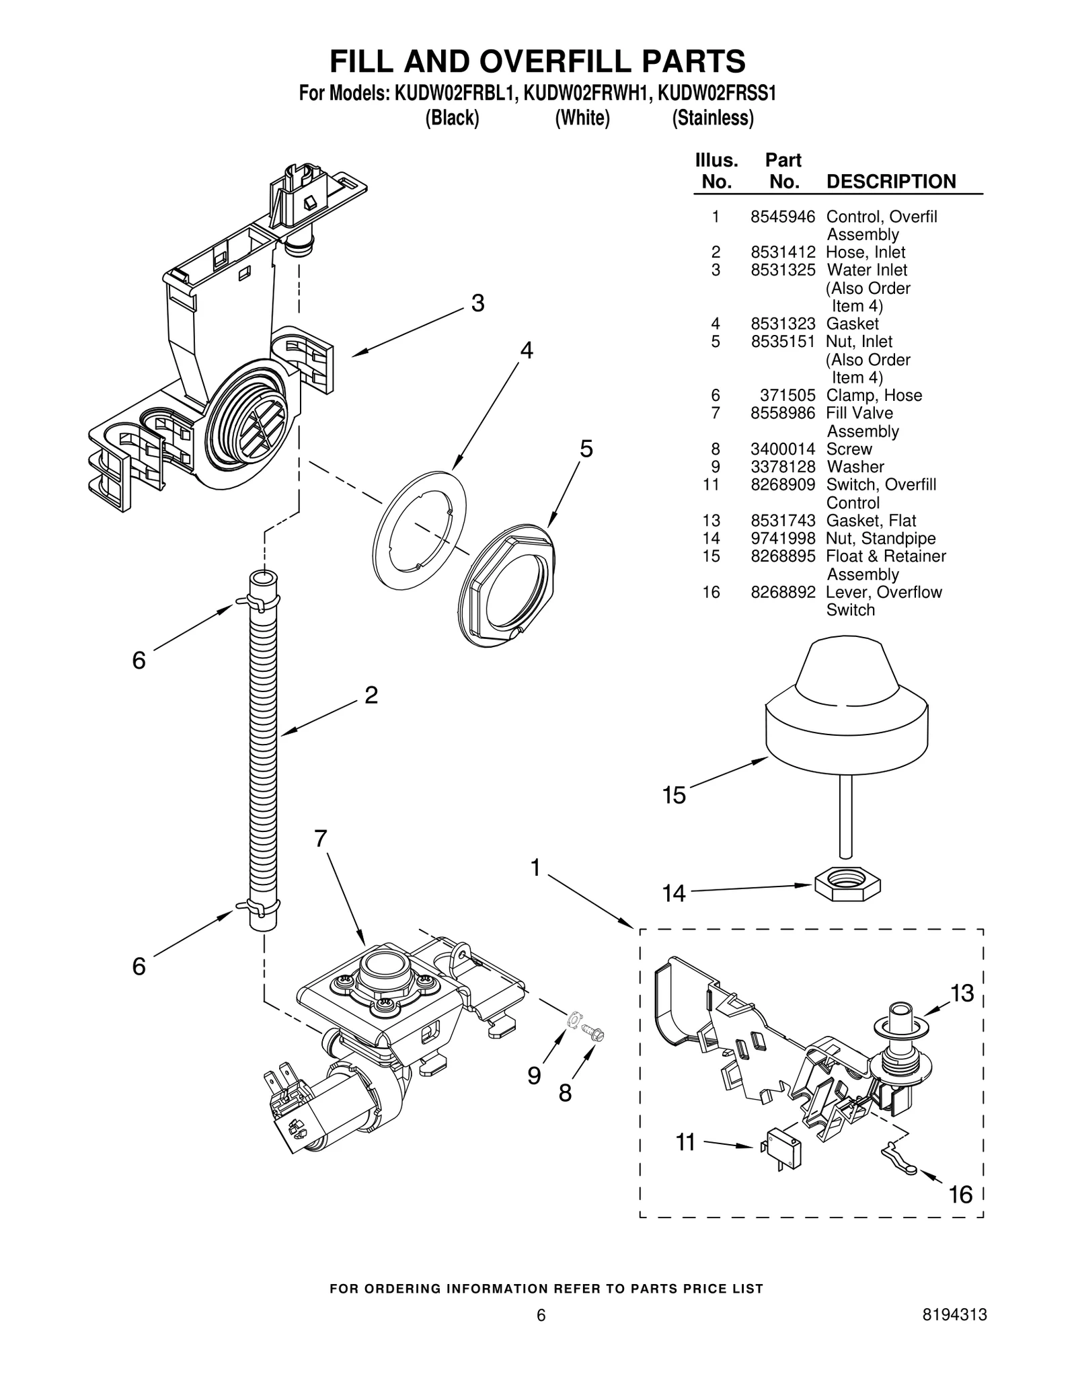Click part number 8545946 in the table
(782, 217)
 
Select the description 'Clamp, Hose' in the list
(873, 396)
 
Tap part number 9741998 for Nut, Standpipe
(782, 538)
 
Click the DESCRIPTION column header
(890, 182)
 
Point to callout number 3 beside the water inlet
(477, 304)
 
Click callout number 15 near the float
(673, 796)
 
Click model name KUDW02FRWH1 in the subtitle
(586, 93)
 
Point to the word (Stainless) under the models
(712, 118)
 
